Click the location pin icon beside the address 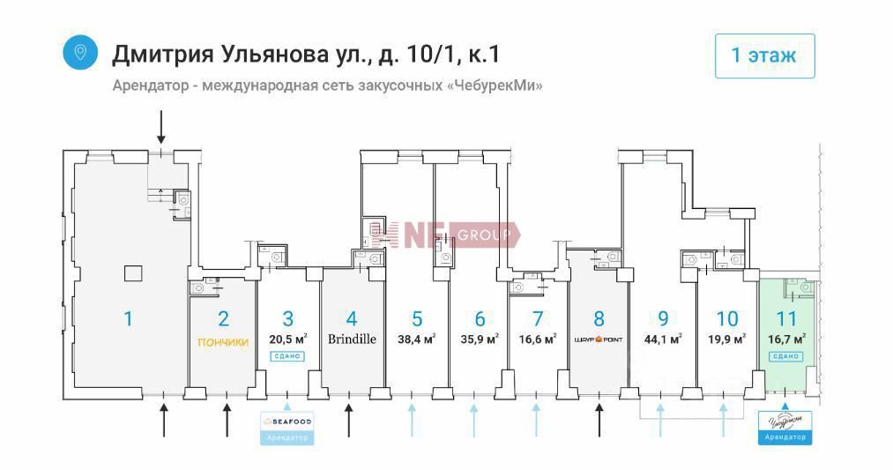tap(80, 52)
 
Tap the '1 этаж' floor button tap(763, 56)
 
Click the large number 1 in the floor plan tap(128, 318)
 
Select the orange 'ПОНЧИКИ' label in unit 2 tap(223, 342)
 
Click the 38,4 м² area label tap(417, 339)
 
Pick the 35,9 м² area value tap(480, 339)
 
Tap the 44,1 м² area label tap(663, 339)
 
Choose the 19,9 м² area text tap(727, 339)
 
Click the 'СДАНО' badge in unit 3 tap(287, 356)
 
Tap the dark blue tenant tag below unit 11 tap(785, 428)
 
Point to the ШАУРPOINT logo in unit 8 tap(599, 339)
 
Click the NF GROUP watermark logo tap(445, 235)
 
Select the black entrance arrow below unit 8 tap(599, 419)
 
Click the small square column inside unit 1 tap(132, 273)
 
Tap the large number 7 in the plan tap(538, 318)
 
